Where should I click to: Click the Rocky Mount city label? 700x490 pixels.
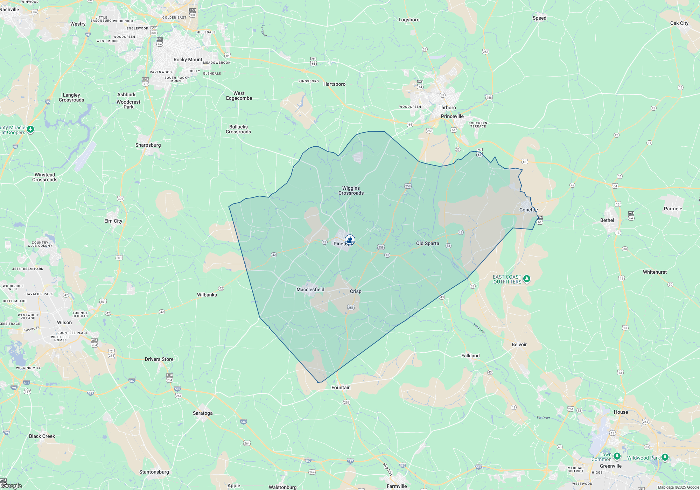188,60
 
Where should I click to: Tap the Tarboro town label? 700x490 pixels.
447,108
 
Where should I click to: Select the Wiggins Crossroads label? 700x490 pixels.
351,191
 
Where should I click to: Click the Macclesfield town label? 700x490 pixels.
310,290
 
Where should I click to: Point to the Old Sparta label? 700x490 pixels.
427,244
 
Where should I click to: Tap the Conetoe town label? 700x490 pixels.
528,210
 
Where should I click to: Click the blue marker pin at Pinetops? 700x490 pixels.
350,240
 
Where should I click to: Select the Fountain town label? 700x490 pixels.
341,388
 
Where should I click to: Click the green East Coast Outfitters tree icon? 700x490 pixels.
527,279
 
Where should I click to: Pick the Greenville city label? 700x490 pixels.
610,466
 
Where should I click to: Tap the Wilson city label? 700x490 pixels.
64,323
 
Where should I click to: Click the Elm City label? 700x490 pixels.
113,221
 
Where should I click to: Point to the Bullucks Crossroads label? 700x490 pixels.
238,129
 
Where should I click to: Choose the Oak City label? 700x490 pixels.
679,23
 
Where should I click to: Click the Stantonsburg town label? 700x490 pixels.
154,472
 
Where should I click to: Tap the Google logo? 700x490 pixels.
12,486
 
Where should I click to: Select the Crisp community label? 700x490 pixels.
356,292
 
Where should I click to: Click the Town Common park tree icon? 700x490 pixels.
617,456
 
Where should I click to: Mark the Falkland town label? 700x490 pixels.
470,356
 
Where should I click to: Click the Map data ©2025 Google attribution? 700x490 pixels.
678,487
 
